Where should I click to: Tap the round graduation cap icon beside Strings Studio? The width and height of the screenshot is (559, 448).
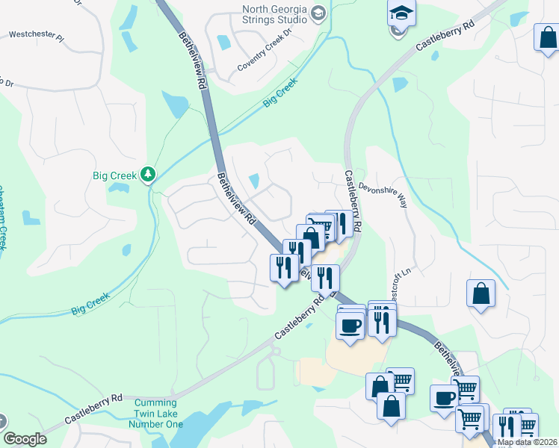click(318, 13)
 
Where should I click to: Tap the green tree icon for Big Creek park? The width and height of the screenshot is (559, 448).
click(149, 175)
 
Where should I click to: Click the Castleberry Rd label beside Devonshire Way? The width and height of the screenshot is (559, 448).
click(353, 200)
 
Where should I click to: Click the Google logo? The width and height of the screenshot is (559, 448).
click(25, 439)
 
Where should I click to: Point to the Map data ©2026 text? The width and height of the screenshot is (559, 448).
click(526, 442)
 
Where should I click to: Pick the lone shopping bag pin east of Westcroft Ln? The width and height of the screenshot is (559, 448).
click(481, 293)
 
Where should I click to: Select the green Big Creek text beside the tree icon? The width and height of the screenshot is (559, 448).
click(114, 175)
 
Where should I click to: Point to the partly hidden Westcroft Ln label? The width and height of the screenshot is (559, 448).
click(398, 282)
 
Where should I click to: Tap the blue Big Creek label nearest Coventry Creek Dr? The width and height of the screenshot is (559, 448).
click(280, 93)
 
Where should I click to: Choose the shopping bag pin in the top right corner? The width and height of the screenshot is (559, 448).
click(547, 38)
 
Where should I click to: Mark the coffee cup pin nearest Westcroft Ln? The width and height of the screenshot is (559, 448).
click(350, 325)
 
